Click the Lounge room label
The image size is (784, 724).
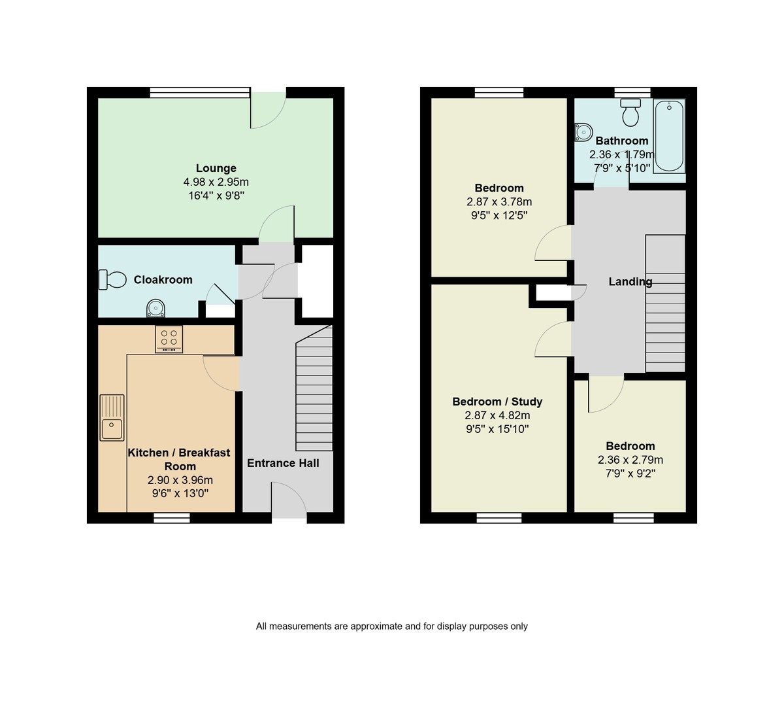point(216,168)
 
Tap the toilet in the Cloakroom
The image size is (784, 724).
point(112,280)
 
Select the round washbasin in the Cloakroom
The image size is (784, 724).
point(156,307)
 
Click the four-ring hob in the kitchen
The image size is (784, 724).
point(169,339)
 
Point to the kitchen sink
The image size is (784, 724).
point(112,417)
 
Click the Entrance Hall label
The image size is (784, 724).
point(283,463)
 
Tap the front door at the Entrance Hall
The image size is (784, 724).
point(289,501)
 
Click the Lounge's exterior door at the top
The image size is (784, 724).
point(268,109)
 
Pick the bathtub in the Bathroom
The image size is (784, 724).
point(669,135)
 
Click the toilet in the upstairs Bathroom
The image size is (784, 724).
point(630,114)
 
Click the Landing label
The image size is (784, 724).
point(630,282)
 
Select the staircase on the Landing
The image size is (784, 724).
point(665,303)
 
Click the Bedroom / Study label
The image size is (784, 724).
point(497,402)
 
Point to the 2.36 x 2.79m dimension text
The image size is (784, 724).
point(630,460)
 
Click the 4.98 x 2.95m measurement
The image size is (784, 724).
point(216,182)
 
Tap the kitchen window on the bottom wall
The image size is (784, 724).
point(172,518)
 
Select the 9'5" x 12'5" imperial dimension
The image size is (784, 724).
point(498,215)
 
